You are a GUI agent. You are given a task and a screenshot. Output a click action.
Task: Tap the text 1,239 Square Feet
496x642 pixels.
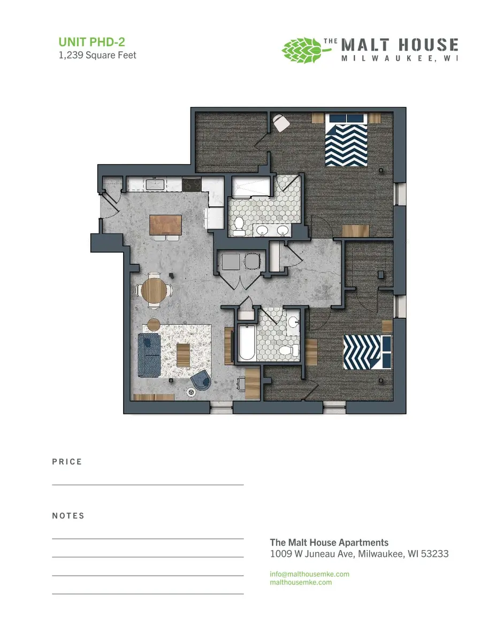97,55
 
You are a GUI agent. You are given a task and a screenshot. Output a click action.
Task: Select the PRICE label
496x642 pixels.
67,462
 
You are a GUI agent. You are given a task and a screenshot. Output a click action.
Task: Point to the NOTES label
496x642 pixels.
68,516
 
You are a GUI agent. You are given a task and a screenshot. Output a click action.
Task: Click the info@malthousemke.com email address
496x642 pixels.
309,574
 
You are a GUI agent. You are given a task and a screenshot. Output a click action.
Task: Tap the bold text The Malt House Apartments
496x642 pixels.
329,542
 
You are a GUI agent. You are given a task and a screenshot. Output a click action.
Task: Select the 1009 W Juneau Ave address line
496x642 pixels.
359,554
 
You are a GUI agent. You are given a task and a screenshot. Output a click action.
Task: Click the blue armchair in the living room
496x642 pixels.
201,380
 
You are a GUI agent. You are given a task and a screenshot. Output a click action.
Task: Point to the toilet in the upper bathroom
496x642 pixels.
239,225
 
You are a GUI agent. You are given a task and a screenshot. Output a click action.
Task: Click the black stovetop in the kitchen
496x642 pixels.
191,185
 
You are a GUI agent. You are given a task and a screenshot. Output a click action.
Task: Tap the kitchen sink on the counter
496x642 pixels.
155,185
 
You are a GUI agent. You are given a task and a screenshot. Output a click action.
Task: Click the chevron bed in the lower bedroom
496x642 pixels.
367,351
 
